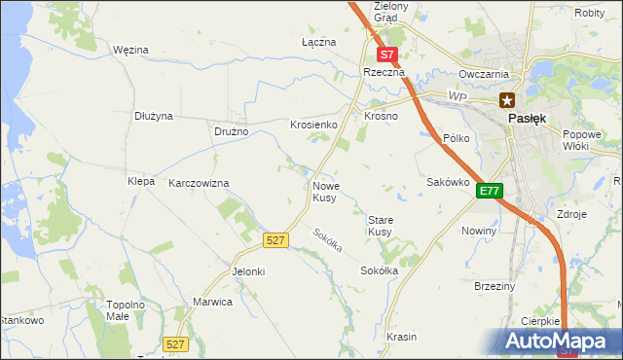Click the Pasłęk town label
(527, 118)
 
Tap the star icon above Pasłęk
(507, 99)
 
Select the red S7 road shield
(386, 55)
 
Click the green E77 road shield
(489, 192)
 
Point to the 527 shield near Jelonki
(275, 239)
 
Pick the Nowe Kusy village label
(325, 191)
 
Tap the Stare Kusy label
(380, 226)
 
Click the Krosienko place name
(313, 126)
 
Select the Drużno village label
(232, 131)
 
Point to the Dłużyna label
(154, 116)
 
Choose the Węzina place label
(129, 49)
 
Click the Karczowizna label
(199, 183)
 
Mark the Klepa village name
(141, 181)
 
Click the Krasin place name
(401, 337)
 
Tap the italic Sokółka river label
(328, 240)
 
